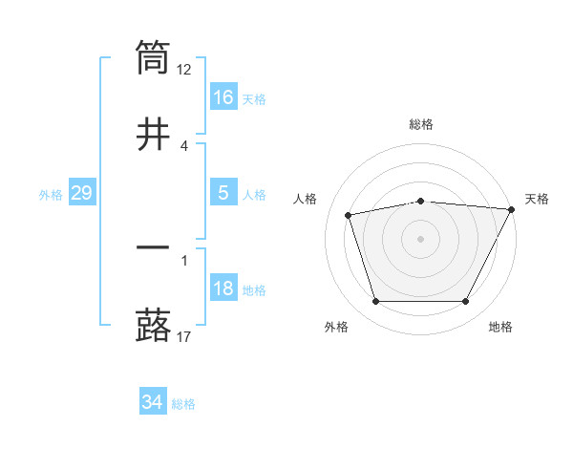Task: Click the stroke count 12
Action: point(184,69)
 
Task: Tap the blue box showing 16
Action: point(223,97)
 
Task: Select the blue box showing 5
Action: point(223,193)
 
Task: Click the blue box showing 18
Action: point(223,289)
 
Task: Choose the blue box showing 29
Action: point(81,193)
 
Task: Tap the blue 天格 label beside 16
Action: point(254,98)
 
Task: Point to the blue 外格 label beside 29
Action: point(51,194)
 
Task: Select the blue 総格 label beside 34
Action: point(183,404)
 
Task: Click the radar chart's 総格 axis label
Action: point(421,124)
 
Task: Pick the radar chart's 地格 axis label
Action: point(500,328)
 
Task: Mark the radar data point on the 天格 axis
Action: point(513,209)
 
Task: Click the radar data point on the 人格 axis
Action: point(349,215)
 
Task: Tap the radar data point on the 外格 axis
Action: point(375,302)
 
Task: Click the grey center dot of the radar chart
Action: point(421,238)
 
